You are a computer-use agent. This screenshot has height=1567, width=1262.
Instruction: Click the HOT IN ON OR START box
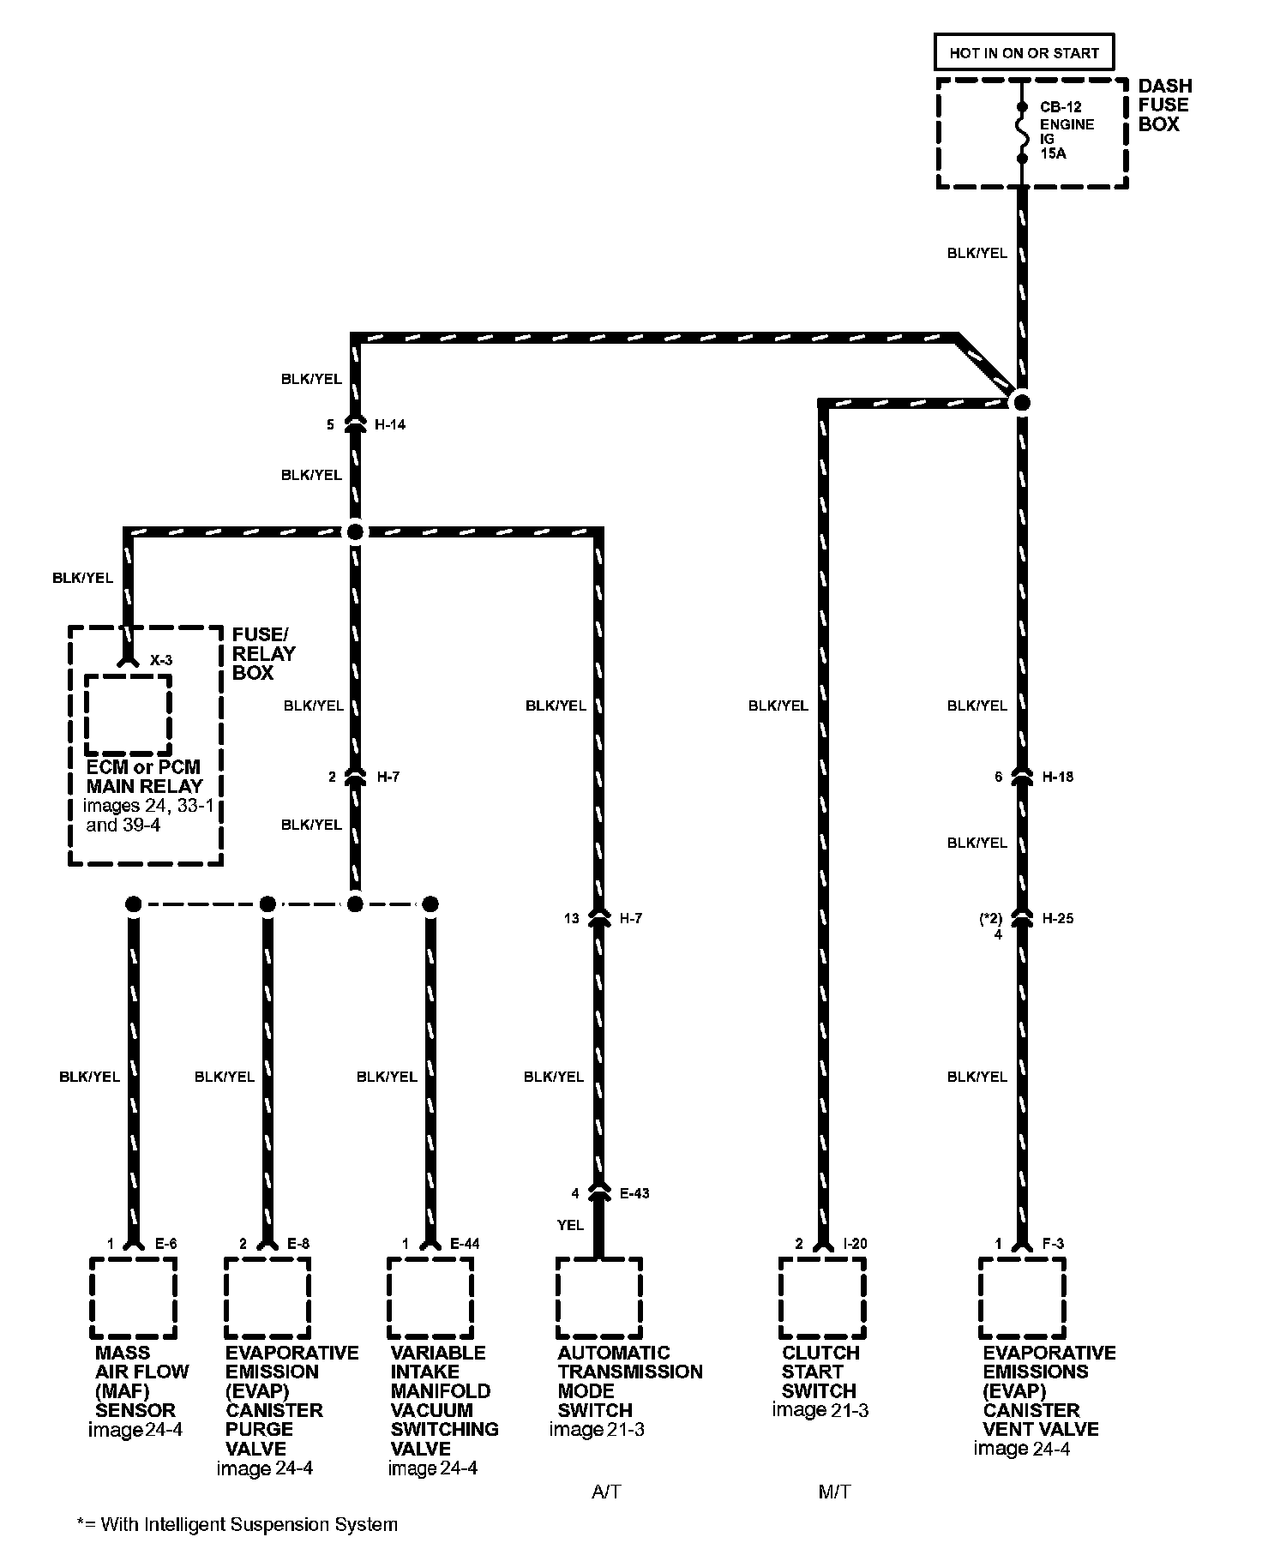pos(1024,52)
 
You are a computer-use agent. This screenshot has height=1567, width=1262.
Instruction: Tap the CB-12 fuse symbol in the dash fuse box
pos(1022,132)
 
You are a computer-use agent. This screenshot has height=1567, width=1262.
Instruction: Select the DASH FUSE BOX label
pos(1164,105)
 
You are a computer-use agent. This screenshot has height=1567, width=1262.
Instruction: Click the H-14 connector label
pos(390,424)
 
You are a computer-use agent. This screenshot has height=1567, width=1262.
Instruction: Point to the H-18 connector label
pos(1057,777)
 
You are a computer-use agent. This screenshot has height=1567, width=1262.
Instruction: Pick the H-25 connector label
pos(1057,918)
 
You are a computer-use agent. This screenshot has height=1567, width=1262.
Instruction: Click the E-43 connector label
pos(634,1193)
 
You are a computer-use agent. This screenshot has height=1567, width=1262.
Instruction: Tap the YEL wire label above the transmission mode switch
pos(570,1225)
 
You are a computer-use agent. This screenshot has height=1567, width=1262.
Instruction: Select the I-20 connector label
pos(856,1244)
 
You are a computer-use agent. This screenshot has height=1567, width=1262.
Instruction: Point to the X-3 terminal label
pos(161,661)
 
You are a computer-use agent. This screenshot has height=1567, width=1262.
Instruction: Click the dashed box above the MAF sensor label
pos(133,1298)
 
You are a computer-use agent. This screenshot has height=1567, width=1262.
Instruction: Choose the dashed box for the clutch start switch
pos(822,1298)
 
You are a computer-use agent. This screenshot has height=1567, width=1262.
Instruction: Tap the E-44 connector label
pos(466,1244)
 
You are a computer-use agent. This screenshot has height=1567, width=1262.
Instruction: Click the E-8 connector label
pos(298,1244)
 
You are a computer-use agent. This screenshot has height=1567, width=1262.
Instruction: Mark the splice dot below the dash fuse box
pos(1022,402)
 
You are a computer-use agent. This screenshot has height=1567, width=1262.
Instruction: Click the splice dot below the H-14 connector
pos(355,531)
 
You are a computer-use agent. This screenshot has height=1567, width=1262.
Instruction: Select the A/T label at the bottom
pos(606,1492)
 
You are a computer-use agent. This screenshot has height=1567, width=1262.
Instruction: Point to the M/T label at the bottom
pos(834,1492)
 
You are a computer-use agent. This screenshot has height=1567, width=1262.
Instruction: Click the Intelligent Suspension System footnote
pos(237,1525)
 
